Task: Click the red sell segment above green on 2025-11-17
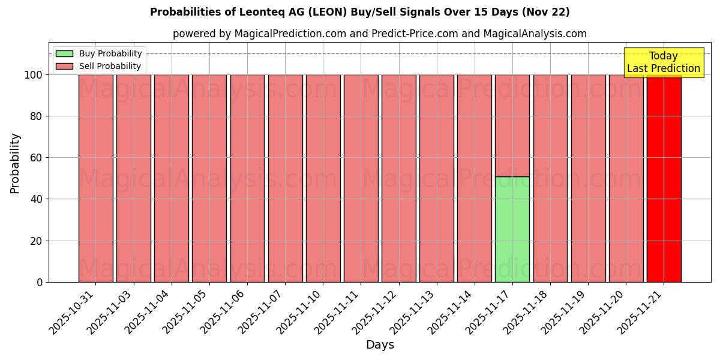click(512, 125)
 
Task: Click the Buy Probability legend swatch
click(64, 53)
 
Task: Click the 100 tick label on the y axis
click(33, 75)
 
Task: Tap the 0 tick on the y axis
click(40, 282)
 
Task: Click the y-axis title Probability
click(15, 163)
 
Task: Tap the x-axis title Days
click(380, 345)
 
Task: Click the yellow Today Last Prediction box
click(664, 62)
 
